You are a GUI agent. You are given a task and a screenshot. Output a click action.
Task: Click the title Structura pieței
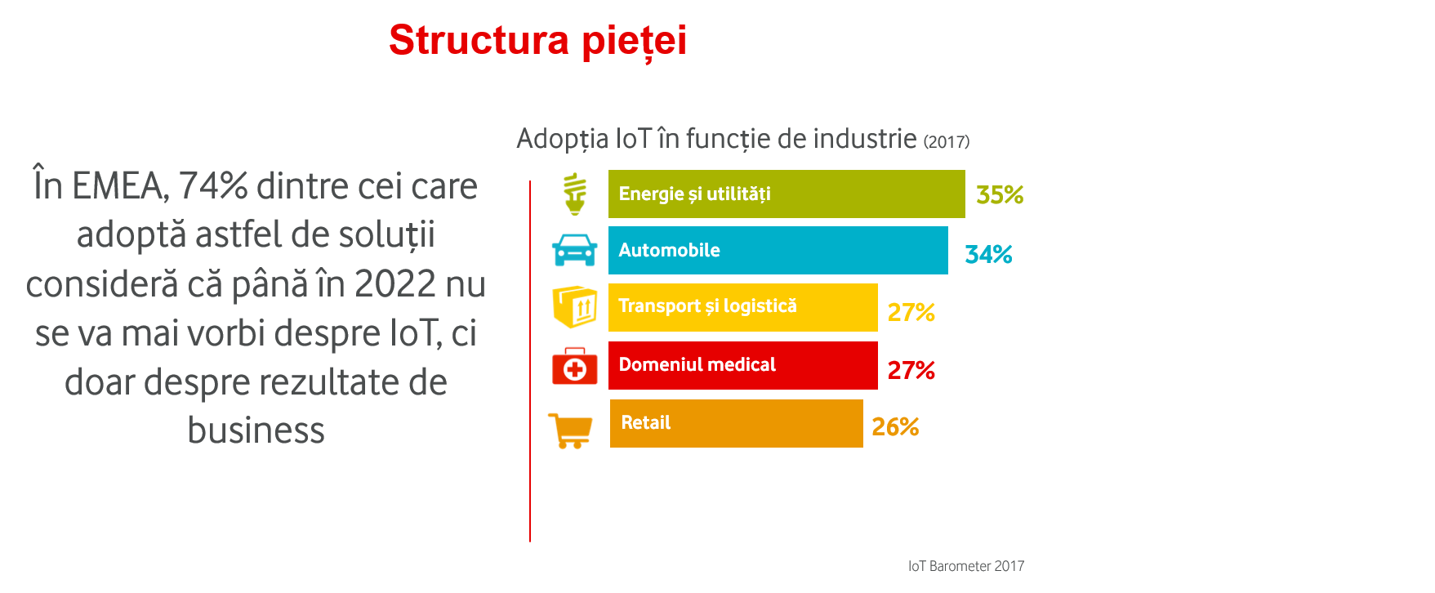(537, 40)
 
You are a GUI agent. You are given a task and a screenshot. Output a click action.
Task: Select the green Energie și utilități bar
(786, 194)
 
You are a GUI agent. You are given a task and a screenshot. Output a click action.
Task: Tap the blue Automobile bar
(778, 250)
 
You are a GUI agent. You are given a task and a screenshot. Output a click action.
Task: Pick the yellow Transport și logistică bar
(742, 307)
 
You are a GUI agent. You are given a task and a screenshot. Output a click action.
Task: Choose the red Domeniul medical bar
(742, 365)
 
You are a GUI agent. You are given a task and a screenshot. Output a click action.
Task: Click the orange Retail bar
(736, 423)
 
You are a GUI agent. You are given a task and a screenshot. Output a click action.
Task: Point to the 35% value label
(1000, 195)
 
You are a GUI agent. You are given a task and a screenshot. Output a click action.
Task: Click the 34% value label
(988, 254)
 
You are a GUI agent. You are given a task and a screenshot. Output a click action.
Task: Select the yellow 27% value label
(911, 312)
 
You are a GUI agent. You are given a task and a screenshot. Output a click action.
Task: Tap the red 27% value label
(911, 370)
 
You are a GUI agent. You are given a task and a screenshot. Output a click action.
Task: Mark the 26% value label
(895, 426)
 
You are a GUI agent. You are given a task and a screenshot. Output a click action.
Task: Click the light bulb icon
(575, 194)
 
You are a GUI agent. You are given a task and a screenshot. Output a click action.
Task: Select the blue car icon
(575, 250)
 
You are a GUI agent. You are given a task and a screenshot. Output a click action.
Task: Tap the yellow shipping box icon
(575, 307)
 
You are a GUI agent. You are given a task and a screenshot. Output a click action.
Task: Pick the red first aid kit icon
(575, 366)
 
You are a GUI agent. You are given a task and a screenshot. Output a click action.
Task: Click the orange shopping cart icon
(571, 430)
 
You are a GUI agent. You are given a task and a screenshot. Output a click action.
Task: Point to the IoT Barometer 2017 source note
(965, 566)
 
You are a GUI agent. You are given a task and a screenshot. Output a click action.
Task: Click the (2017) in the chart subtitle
(947, 141)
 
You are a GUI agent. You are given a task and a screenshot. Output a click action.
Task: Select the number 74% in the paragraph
(213, 186)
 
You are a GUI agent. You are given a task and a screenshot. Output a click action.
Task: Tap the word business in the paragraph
(256, 430)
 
